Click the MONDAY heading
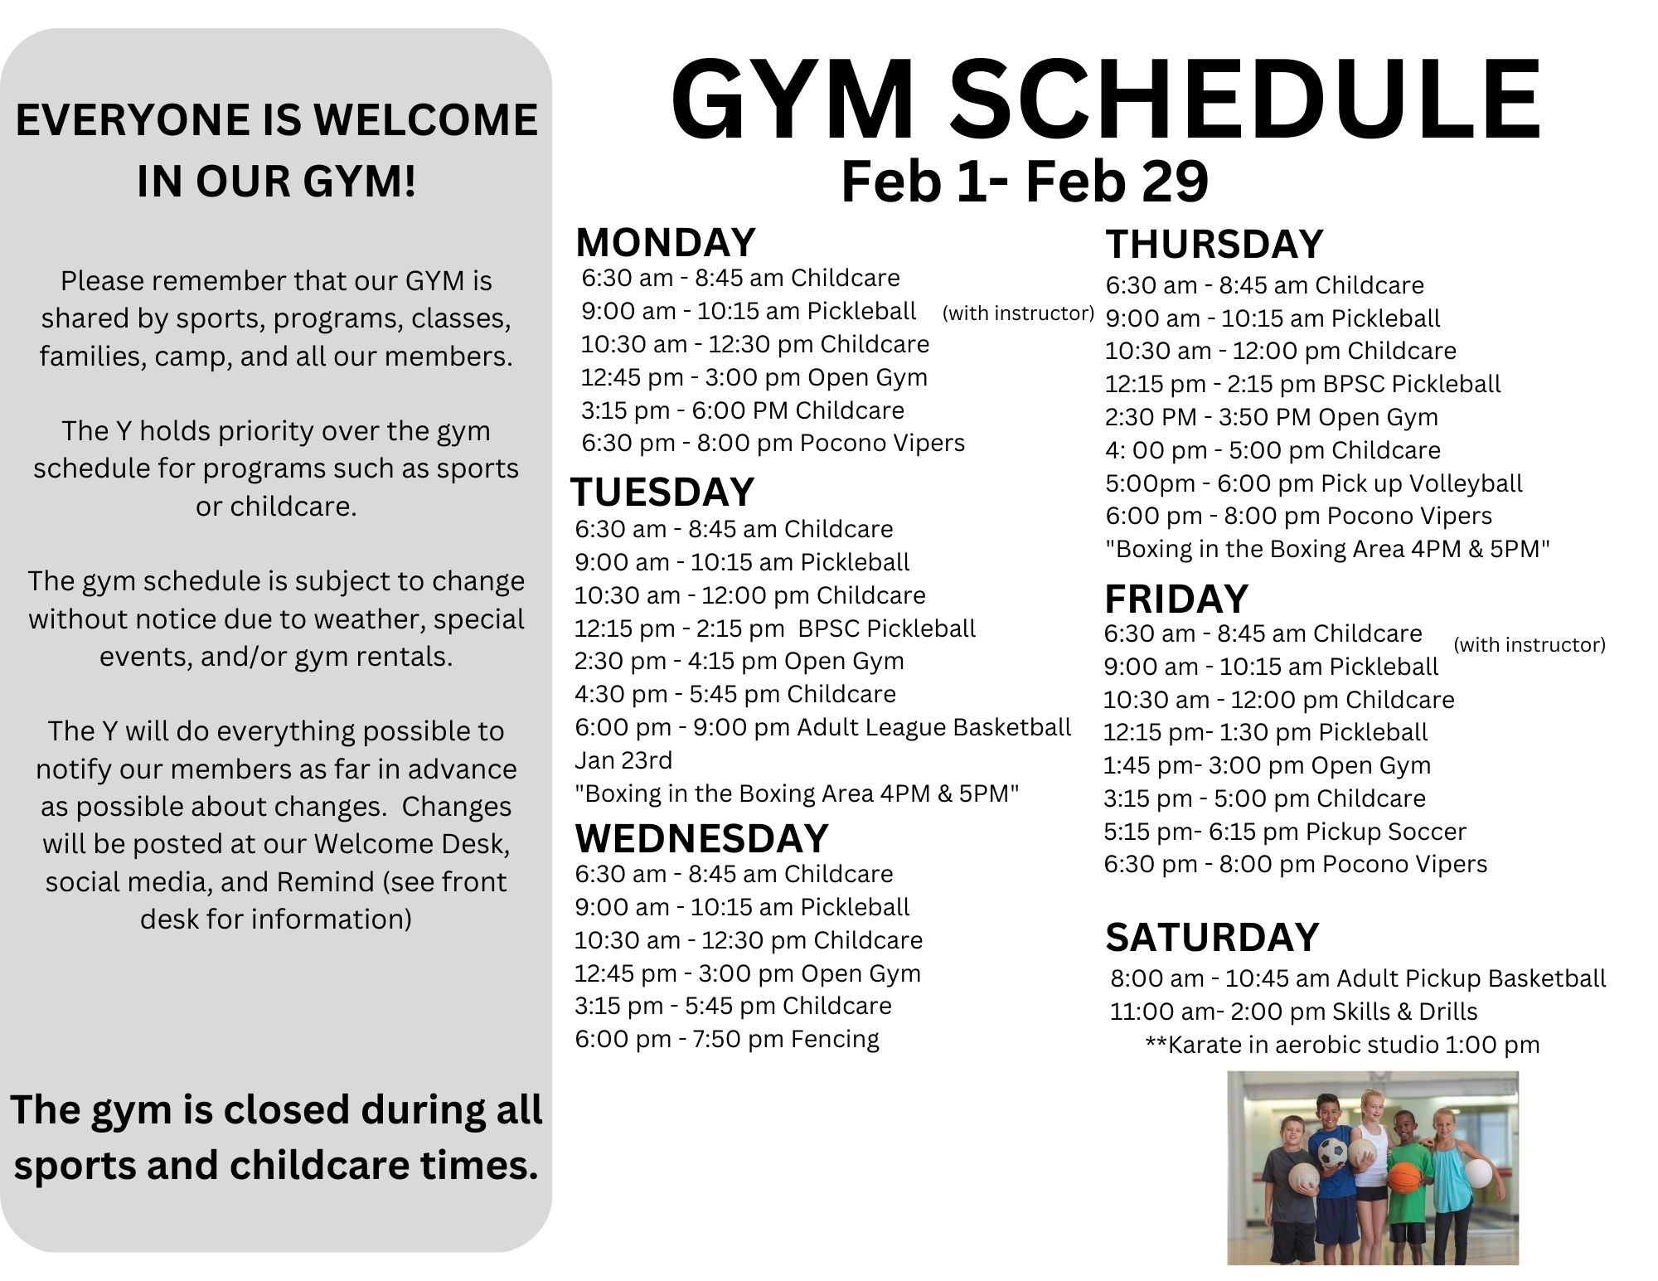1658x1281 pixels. tap(665, 243)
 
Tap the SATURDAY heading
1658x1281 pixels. tap(1211, 938)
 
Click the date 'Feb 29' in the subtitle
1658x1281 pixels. tap(1117, 182)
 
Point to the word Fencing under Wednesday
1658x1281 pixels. tap(835, 1039)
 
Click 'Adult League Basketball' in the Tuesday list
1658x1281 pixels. tap(933, 727)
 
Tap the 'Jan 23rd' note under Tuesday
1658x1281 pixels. tap(623, 760)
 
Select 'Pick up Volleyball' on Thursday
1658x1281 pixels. tap(1422, 483)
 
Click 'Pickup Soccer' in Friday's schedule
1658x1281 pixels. tap(1385, 832)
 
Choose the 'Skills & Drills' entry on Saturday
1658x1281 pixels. tap(1404, 1012)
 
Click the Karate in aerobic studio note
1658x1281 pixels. tap(1342, 1045)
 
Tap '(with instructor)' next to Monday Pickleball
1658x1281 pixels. tap(1018, 313)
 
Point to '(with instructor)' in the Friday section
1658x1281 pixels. tap(1530, 645)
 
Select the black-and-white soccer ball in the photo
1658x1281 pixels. tap(1332, 1153)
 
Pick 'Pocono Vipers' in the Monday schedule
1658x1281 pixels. tap(882, 444)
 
